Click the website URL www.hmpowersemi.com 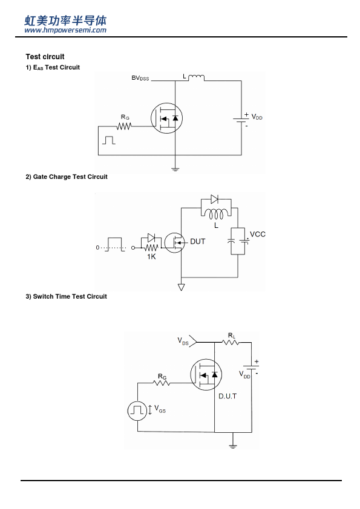click(x=65, y=30)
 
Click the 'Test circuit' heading click(x=45, y=57)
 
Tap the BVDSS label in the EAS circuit click(x=140, y=78)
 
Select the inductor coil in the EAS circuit click(x=196, y=78)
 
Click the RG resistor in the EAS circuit click(x=124, y=126)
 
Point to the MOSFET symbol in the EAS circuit click(x=166, y=118)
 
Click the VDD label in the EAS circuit click(x=257, y=117)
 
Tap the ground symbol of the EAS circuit click(x=175, y=169)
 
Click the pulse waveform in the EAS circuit click(x=109, y=140)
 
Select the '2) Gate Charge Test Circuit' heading click(x=67, y=177)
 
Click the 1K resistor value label click(x=151, y=257)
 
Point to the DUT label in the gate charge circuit click(x=197, y=242)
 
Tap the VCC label click(x=258, y=235)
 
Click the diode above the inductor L click(x=214, y=199)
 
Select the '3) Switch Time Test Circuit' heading click(x=67, y=296)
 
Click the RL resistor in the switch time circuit click(x=231, y=342)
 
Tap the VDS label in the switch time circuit click(x=183, y=341)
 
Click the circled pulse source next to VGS click(x=137, y=410)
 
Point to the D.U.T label click(x=227, y=397)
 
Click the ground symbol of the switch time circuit click(x=232, y=446)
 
